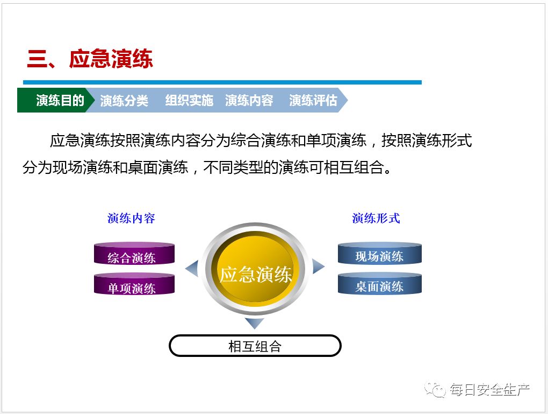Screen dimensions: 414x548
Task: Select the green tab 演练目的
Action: coord(59,101)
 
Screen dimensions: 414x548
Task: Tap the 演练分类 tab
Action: coord(124,101)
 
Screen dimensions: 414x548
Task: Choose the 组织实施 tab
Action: coord(189,101)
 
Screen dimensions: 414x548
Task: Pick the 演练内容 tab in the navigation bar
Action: coord(249,101)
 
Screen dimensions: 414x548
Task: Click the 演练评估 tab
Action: coord(313,101)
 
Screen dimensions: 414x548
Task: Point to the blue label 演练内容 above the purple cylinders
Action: coord(131,218)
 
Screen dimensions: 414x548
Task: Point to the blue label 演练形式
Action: coord(376,218)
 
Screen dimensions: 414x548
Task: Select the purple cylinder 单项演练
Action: coord(134,285)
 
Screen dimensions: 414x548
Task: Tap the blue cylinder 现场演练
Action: coord(379,254)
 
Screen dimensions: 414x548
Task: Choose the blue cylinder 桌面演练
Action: coord(379,284)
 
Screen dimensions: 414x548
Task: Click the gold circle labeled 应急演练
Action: coord(255,274)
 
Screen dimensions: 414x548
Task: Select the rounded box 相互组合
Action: coord(255,346)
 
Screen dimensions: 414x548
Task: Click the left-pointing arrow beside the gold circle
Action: coord(192,268)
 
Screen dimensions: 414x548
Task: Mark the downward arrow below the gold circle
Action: coord(255,322)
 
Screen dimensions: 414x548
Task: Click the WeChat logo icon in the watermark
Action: coord(435,389)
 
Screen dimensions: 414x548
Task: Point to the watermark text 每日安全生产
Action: coord(489,389)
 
